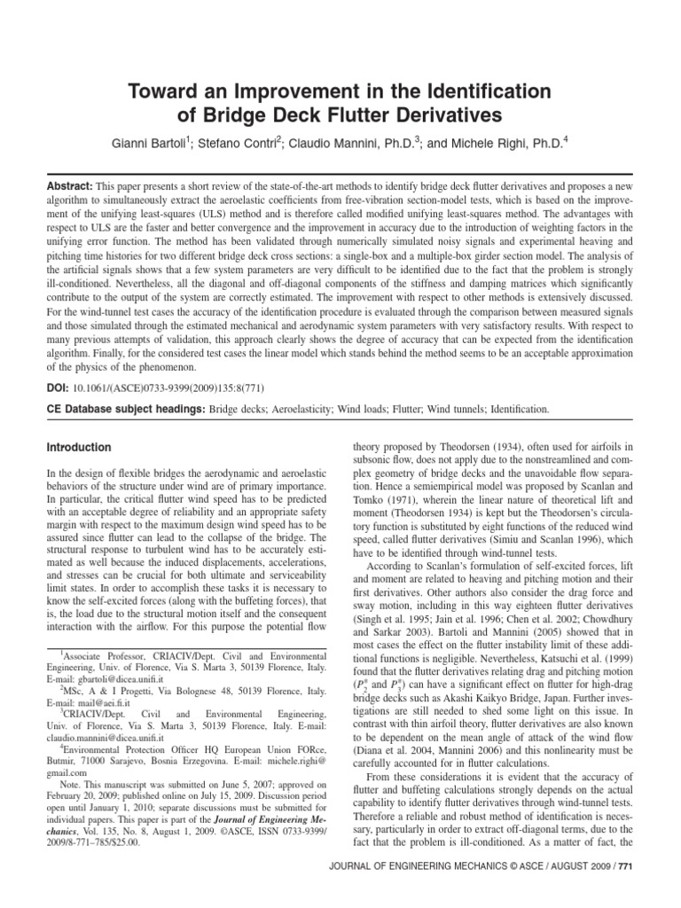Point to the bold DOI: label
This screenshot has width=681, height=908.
(x=58, y=387)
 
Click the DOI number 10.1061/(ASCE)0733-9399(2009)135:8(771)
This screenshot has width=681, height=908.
(x=169, y=387)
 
